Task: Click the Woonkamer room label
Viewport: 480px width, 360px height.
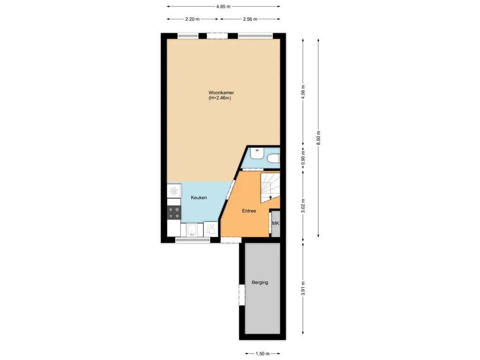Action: coord(221,93)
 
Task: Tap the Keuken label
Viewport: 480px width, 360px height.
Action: coord(199,198)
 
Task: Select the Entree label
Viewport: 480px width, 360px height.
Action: coord(249,211)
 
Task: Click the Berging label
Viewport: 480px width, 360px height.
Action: coord(260,283)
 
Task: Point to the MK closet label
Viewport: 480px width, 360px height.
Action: coord(276,224)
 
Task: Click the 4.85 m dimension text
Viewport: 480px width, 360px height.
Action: coord(223,7)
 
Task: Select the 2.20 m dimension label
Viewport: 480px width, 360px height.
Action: coord(192,19)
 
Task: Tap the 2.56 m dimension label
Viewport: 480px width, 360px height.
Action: coord(250,19)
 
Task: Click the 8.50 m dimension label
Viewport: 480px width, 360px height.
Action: coord(319,138)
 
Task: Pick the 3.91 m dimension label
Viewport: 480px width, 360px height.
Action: coord(303,288)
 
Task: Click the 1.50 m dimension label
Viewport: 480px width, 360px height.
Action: coord(262,354)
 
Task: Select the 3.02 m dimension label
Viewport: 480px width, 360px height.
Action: coord(303,206)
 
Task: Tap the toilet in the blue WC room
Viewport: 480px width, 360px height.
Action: coord(273,159)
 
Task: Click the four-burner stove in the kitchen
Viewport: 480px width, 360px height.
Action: coord(174,213)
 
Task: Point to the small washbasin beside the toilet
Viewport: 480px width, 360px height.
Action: coord(256,153)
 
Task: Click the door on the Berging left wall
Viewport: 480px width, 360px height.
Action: coord(242,295)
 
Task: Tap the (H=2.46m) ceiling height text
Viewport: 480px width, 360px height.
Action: coord(220,98)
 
